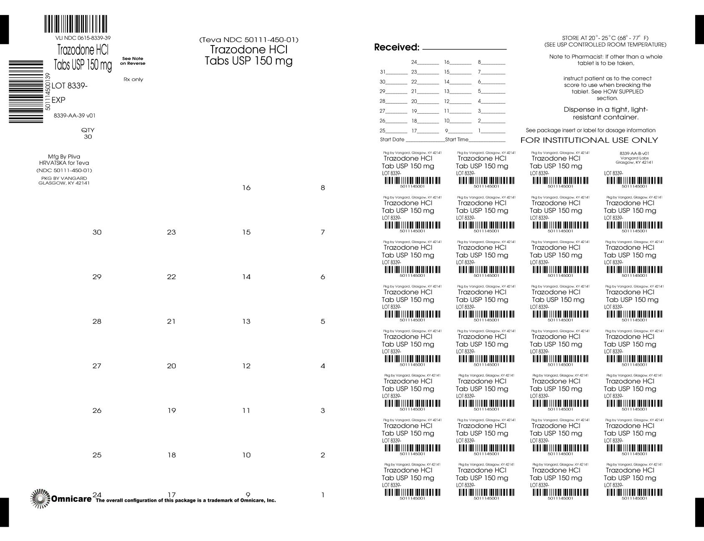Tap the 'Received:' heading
[x=396, y=48]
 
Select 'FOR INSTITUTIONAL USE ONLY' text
[x=589, y=140]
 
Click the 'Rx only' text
[x=133, y=79]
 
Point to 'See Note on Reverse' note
[x=133, y=61]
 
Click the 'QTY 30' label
[x=88, y=133]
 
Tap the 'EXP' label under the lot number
[x=58, y=100]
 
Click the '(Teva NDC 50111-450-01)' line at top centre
[x=248, y=40]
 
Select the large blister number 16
[x=246, y=188]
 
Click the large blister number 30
[x=97, y=233]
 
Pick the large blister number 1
[x=323, y=495]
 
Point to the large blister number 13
[x=246, y=321]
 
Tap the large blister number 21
[x=171, y=321]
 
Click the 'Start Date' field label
[x=392, y=139]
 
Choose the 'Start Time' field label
[x=457, y=139]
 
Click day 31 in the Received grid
[x=382, y=72]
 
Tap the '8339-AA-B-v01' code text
[x=634, y=154]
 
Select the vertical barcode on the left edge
[x=26, y=91]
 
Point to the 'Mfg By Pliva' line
[x=64, y=157]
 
